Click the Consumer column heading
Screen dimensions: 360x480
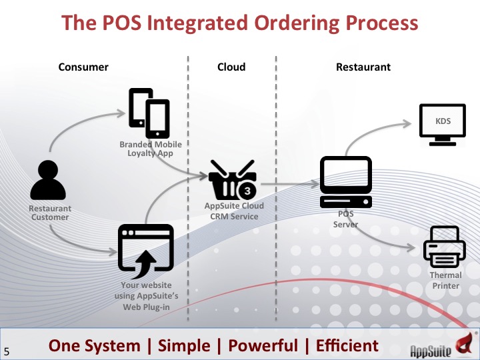point(83,67)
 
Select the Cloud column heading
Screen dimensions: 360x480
point(231,67)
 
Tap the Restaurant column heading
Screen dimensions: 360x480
point(363,67)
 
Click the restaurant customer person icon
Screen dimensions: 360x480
point(49,179)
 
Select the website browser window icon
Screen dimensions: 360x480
point(145,251)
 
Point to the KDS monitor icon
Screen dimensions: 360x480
point(441,124)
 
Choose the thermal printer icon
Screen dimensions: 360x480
point(444,245)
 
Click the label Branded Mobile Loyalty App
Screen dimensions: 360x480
point(150,149)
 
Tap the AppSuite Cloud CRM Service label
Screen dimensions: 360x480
point(234,211)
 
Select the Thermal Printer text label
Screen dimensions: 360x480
point(445,280)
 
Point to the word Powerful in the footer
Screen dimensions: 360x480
point(263,345)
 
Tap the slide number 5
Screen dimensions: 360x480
point(7,351)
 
